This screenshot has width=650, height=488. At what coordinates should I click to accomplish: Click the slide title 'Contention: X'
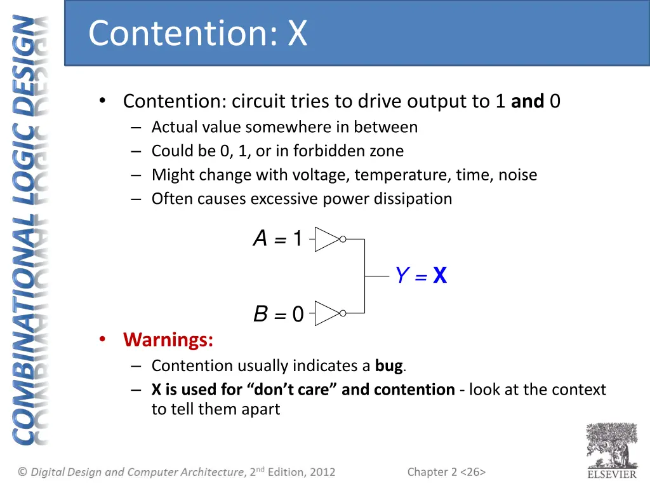pyautogui.click(x=197, y=33)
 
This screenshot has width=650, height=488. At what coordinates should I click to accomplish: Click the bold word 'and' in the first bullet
pyautogui.click(x=527, y=101)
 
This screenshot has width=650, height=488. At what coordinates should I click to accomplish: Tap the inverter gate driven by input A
pyautogui.click(x=326, y=240)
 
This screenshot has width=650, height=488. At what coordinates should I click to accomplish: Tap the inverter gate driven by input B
pyautogui.click(x=326, y=313)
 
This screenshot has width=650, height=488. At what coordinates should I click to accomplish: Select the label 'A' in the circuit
pyautogui.click(x=260, y=239)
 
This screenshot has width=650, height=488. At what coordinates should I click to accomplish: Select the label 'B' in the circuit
pyautogui.click(x=260, y=313)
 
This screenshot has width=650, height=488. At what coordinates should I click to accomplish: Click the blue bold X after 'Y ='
pyautogui.click(x=439, y=276)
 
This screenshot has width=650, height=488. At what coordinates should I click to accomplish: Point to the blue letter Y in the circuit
pyautogui.click(x=401, y=276)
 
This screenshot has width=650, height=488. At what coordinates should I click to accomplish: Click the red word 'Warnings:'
pyautogui.click(x=168, y=340)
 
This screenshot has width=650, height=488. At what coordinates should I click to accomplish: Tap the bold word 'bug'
pyautogui.click(x=389, y=365)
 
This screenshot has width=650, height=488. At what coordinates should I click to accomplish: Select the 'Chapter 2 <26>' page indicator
pyautogui.click(x=446, y=471)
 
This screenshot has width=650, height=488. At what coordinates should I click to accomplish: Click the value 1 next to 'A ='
pyautogui.click(x=297, y=240)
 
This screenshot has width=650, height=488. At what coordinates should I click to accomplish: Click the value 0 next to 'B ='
pyautogui.click(x=298, y=314)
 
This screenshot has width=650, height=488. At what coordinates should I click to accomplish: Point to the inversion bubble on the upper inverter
pyautogui.click(x=343, y=240)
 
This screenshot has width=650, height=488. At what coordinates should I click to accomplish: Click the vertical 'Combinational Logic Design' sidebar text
pyautogui.click(x=31, y=229)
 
